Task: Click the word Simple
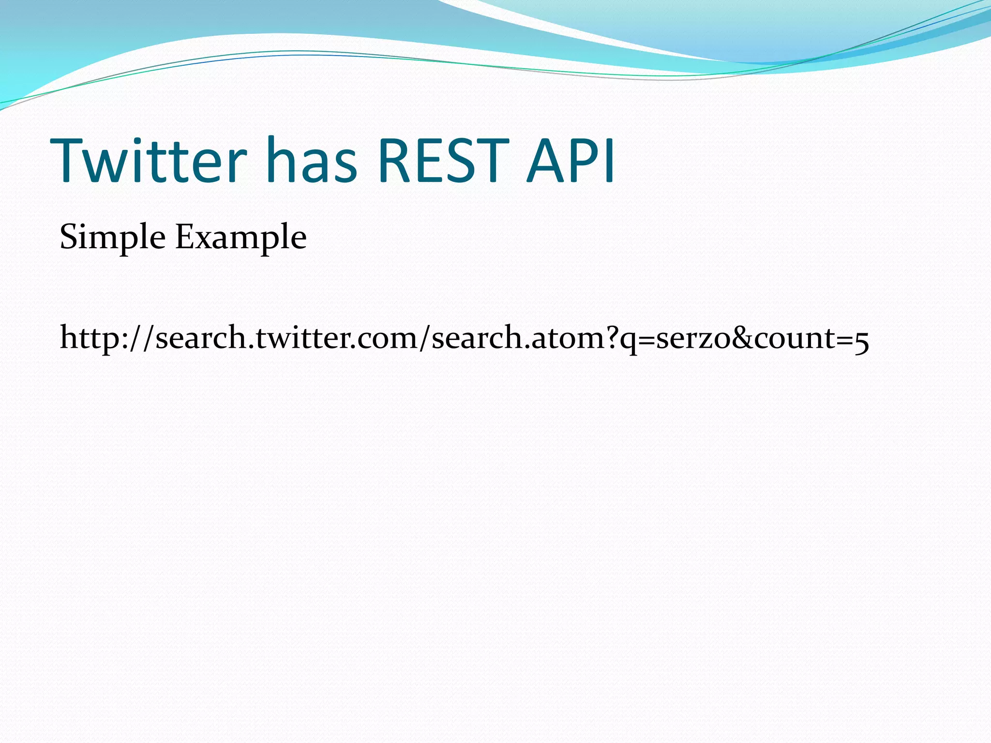point(112,237)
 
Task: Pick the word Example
point(240,237)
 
